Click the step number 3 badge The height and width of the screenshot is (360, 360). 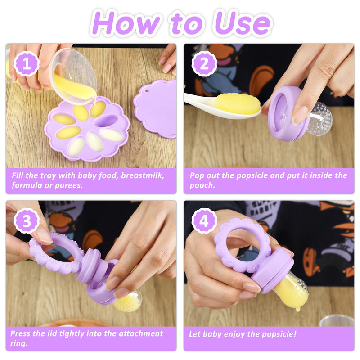tap(27, 222)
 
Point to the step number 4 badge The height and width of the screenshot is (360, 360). tap(205, 222)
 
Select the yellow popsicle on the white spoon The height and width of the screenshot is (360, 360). tap(238, 104)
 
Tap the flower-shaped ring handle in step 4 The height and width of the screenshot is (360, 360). tap(243, 245)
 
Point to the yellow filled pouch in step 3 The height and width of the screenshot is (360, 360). tap(128, 300)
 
